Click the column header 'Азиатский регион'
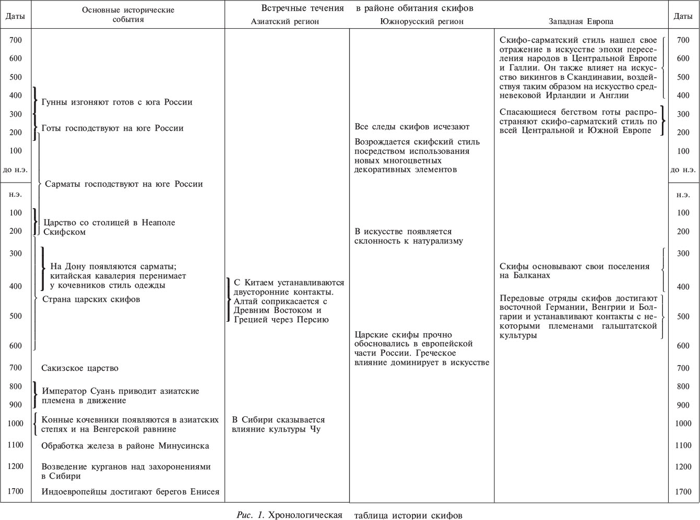(x=284, y=22)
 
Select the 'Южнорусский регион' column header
(x=421, y=22)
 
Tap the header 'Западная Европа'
(x=581, y=22)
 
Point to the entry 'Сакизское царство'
(x=80, y=368)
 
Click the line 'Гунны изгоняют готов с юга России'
(x=117, y=102)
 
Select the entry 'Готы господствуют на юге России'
(x=112, y=128)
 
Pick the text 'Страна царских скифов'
(x=91, y=299)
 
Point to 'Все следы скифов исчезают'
(x=412, y=127)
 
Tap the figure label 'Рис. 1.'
(x=252, y=515)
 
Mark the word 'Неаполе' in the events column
(x=159, y=223)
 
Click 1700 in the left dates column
(x=16, y=491)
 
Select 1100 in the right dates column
(x=683, y=445)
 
